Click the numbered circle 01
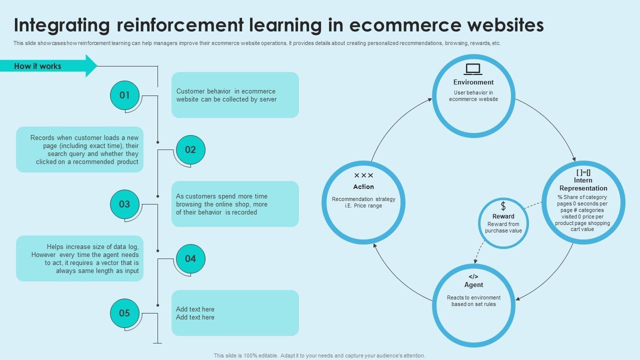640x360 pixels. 124,95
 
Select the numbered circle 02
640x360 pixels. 190,149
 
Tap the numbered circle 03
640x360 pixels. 124,204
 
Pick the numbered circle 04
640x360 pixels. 190,258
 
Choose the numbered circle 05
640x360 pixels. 124,313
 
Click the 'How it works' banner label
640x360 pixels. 38,66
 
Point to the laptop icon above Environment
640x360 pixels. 473,69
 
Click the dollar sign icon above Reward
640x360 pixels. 503,206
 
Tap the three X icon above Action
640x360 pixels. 363,175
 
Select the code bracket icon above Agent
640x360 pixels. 473,276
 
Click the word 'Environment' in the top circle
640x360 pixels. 473,82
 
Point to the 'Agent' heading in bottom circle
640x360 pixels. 473,285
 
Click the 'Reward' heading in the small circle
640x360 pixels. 503,216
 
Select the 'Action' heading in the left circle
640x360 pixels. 363,187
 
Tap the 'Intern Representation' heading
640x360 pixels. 583,184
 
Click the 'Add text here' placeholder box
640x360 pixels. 235,313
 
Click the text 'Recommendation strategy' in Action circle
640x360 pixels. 363,199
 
